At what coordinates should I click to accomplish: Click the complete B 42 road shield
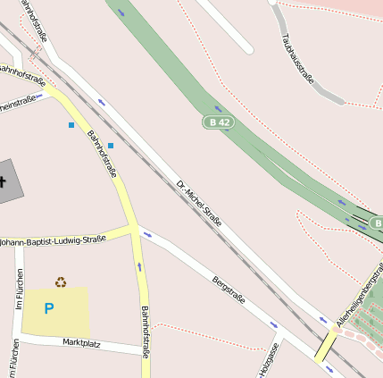218,121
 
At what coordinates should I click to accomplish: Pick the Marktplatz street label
82,342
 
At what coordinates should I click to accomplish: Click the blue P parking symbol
49,308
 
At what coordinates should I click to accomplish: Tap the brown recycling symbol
60,281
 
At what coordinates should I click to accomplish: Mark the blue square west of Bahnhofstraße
71,125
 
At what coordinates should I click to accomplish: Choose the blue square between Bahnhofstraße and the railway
111,145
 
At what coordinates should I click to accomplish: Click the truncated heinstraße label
18,102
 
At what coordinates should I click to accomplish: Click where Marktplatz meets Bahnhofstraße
146,354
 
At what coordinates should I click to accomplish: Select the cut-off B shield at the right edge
377,222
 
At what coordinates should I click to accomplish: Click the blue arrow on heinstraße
39,97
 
